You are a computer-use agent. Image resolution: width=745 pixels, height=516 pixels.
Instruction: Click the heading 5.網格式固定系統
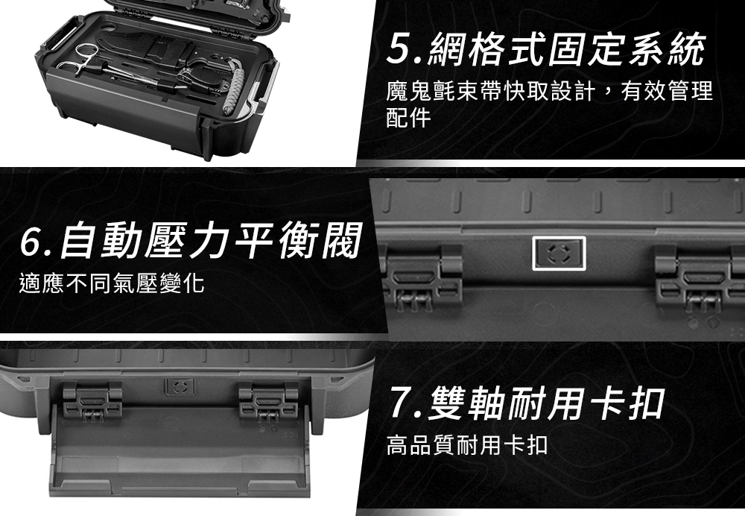click(545, 50)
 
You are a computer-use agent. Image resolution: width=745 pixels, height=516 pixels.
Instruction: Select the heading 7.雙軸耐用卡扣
click(527, 403)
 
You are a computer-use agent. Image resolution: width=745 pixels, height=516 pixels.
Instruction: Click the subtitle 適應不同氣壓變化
click(112, 284)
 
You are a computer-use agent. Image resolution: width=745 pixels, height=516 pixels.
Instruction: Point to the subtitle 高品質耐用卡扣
click(467, 445)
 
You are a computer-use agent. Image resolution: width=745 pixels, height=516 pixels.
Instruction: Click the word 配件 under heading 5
click(408, 118)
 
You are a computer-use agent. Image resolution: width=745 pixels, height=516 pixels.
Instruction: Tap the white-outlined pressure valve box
click(559, 253)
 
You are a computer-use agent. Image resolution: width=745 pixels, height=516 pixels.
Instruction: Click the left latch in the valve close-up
click(422, 278)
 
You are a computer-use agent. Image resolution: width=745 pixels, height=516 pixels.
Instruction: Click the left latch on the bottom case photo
click(92, 402)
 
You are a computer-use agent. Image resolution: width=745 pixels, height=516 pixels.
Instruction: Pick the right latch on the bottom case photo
click(268, 402)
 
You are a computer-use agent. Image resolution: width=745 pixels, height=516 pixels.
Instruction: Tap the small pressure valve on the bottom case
click(180, 386)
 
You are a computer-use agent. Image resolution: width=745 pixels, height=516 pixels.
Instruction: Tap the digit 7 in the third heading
click(402, 403)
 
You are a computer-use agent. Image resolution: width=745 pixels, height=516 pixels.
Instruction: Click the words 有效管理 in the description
click(667, 90)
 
